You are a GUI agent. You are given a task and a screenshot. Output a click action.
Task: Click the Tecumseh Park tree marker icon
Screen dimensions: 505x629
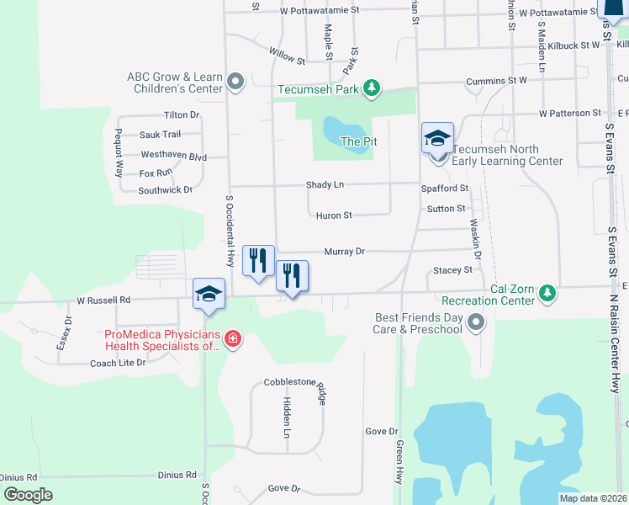(x=371, y=88)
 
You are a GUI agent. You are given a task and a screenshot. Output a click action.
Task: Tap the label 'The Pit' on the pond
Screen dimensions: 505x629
(x=357, y=141)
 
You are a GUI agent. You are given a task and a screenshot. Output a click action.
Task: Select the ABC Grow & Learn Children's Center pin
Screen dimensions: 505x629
(x=235, y=82)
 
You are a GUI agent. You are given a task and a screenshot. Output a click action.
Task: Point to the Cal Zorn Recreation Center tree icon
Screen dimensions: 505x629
(x=547, y=293)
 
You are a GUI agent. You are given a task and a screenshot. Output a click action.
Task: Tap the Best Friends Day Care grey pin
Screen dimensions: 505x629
(x=476, y=322)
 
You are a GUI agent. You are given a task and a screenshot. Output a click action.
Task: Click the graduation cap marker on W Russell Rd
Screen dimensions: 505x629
(x=209, y=295)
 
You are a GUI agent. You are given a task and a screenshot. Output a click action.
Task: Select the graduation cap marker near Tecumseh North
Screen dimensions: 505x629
(x=438, y=138)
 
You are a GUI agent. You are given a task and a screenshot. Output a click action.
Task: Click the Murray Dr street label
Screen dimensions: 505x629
(x=345, y=252)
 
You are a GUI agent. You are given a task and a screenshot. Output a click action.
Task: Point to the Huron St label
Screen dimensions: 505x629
(x=334, y=215)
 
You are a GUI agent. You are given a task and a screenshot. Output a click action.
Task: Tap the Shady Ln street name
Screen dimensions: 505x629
(x=325, y=184)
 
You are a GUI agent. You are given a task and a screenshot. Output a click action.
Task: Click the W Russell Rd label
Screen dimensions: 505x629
(x=103, y=299)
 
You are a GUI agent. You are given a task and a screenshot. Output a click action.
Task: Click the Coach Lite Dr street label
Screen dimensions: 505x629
(x=118, y=364)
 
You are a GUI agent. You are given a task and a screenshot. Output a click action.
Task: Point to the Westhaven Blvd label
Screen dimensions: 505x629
(x=173, y=156)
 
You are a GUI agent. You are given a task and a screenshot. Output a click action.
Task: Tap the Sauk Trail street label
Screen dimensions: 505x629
(x=160, y=135)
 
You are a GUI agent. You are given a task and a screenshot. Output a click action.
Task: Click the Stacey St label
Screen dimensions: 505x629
(x=452, y=270)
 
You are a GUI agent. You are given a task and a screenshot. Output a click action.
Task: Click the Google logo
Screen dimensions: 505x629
(x=27, y=495)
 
